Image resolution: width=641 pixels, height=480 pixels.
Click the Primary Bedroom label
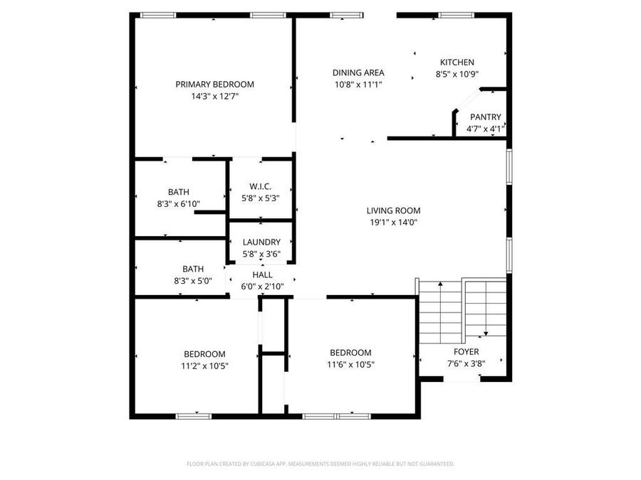point(214,84)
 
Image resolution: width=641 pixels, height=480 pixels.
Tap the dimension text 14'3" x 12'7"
point(214,95)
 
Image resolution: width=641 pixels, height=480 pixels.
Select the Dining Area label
point(358,73)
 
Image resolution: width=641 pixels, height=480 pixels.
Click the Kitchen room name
point(457,63)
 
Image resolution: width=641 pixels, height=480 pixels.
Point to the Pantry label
point(485,117)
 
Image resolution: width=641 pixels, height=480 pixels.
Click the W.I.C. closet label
point(260,186)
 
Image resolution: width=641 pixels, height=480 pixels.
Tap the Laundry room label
point(261,242)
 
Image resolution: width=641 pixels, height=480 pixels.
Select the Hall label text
point(262,275)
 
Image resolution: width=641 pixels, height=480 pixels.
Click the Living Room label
point(393,210)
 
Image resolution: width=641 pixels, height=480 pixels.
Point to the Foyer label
point(467,352)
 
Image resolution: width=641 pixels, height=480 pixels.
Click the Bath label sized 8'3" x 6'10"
point(179,192)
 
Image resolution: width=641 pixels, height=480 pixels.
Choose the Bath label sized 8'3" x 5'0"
point(193,269)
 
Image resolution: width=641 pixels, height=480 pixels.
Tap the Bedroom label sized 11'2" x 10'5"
point(204,354)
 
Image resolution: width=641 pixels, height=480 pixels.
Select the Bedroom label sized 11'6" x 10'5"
point(350,353)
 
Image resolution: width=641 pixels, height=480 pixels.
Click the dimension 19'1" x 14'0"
point(393,222)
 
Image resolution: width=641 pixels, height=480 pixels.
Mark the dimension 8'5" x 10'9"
point(457,74)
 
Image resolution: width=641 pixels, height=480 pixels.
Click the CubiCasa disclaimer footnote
point(320,464)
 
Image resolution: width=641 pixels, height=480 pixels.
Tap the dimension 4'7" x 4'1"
point(485,129)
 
